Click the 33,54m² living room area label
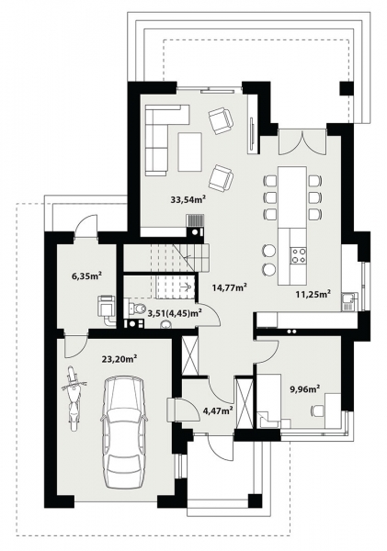click(x=188, y=200)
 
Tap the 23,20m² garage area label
click(x=120, y=359)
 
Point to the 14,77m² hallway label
click(x=229, y=287)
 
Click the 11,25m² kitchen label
click(x=313, y=294)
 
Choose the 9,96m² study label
click(x=304, y=388)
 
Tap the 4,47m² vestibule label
click(x=218, y=410)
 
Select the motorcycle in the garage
click(x=74, y=398)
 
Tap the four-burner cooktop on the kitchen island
click(x=298, y=255)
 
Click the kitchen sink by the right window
click(x=349, y=302)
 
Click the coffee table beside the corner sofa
click(x=189, y=152)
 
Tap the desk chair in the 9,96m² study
click(x=318, y=410)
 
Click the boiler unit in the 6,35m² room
click(x=107, y=305)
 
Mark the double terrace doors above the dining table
click(x=303, y=142)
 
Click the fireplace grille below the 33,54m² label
click(x=195, y=220)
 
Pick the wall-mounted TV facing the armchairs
click(x=252, y=131)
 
